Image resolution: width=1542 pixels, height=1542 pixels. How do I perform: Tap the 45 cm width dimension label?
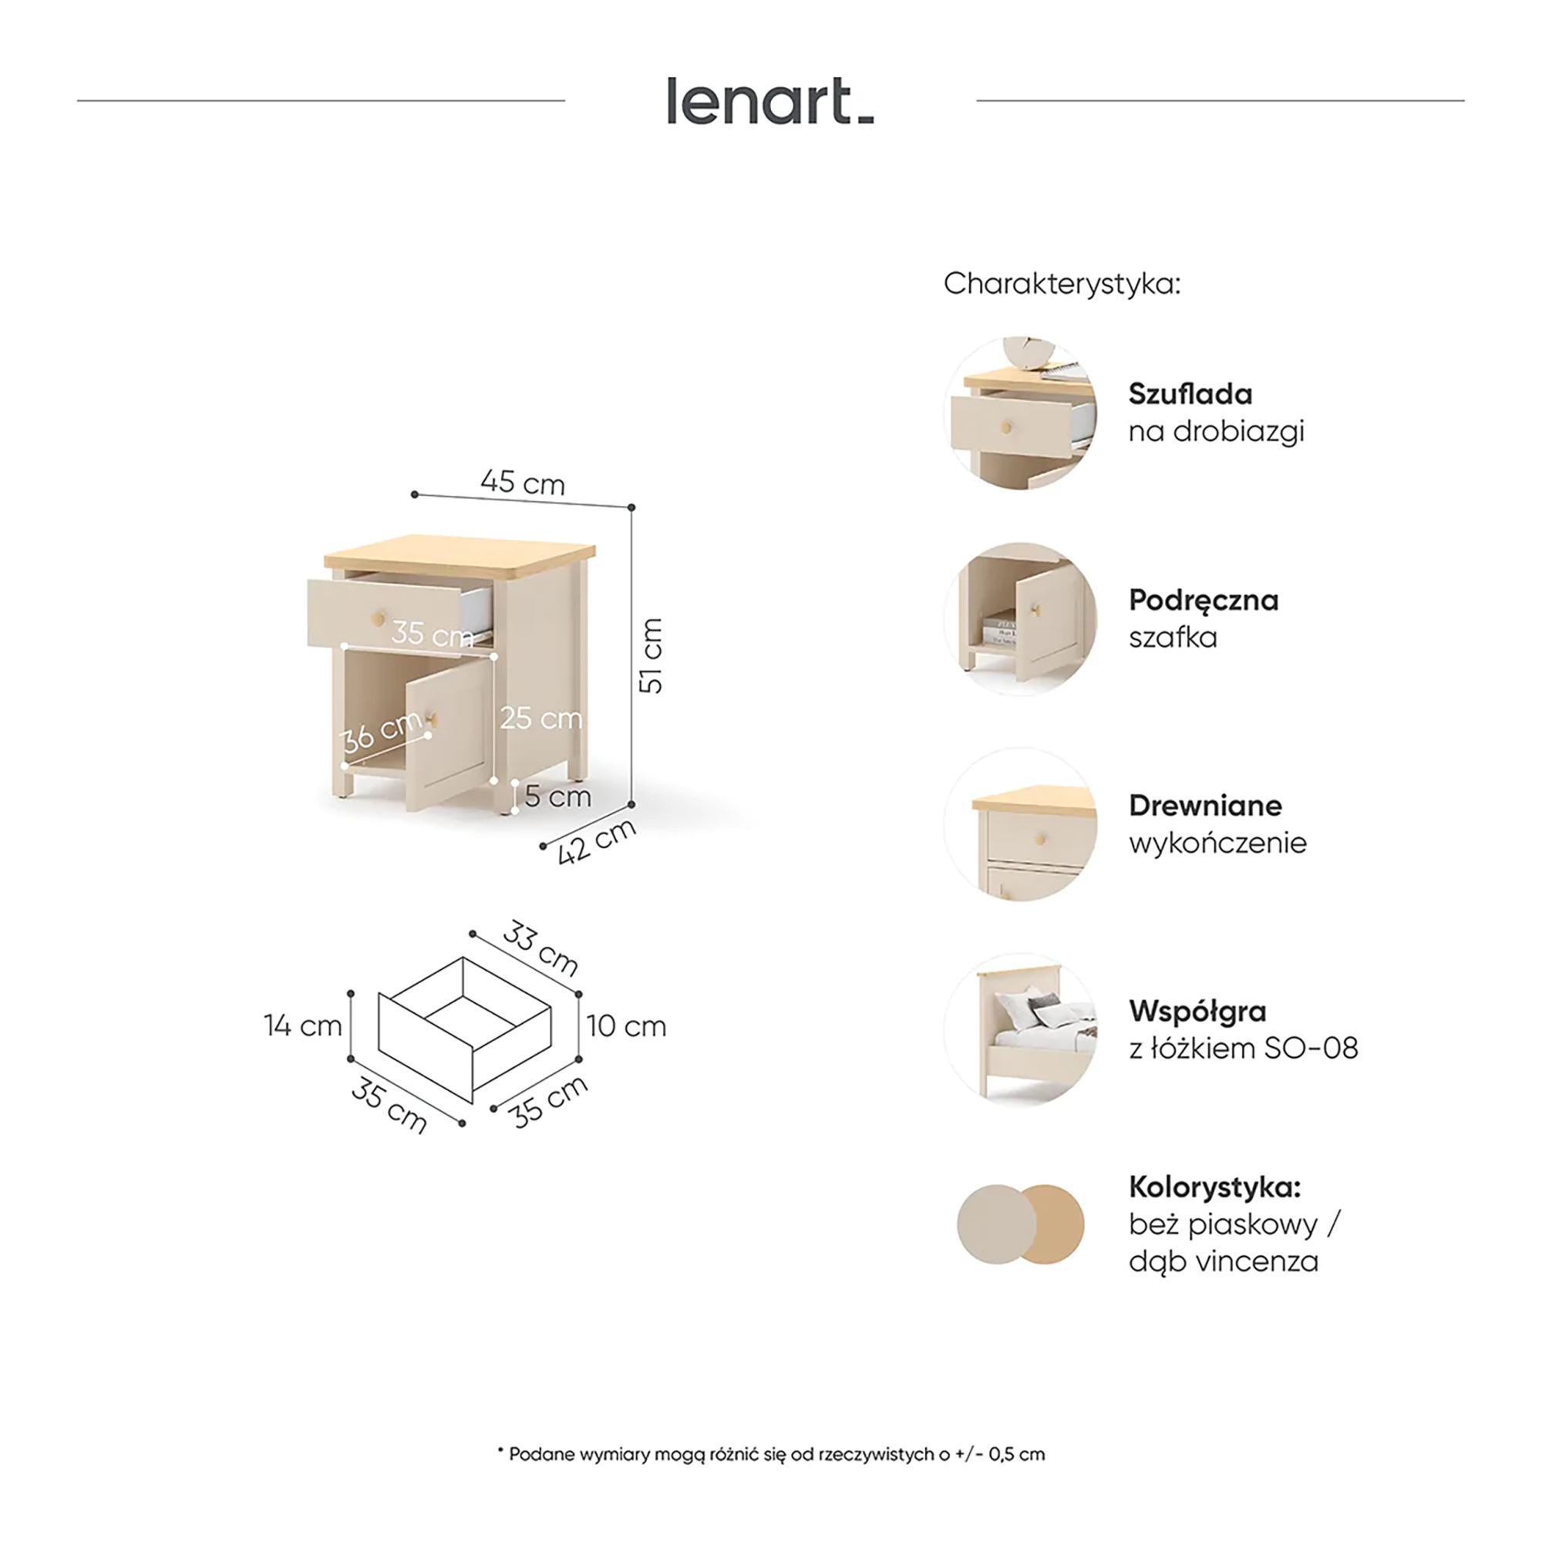(523, 482)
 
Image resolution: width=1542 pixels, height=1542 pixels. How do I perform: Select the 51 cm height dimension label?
(651, 655)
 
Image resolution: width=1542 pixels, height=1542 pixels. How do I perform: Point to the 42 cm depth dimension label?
(597, 841)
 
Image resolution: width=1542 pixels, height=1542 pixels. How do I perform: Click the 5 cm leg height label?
(558, 796)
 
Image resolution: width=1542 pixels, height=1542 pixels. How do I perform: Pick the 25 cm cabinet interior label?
(541, 719)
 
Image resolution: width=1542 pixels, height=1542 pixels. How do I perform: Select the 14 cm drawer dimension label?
(303, 1025)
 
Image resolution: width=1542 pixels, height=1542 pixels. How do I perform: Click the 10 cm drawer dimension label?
(627, 1025)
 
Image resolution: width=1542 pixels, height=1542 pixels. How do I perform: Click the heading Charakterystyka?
(1062, 283)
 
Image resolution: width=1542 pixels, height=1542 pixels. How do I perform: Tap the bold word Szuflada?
(1190, 393)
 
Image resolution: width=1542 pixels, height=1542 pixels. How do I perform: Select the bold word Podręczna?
(1204, 600)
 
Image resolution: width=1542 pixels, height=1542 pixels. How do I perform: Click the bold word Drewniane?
(1205, 806)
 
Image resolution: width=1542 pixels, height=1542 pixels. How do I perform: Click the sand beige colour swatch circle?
(996, 1224)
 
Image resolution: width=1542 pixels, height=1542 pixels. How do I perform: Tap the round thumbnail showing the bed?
(1021, 1029)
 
